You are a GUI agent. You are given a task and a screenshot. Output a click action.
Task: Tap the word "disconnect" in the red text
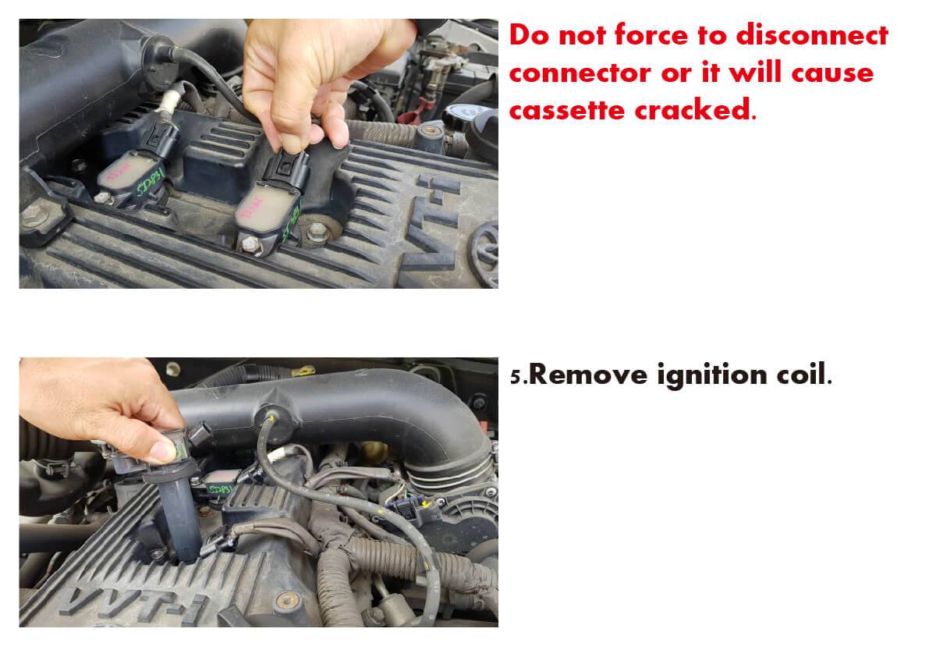click(x=812, y=35)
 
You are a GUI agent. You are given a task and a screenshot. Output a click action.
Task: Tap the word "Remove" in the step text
click(x=587, y=375)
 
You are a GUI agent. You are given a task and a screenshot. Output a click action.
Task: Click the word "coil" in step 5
click(x=800, y=375)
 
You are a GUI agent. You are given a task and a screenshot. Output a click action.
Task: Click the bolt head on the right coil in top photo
click(x=250, y=243)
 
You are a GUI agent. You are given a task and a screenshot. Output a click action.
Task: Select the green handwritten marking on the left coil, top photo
click(x=150, y=182)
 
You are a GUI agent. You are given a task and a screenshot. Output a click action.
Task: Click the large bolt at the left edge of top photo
click(x=34, y=215)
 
